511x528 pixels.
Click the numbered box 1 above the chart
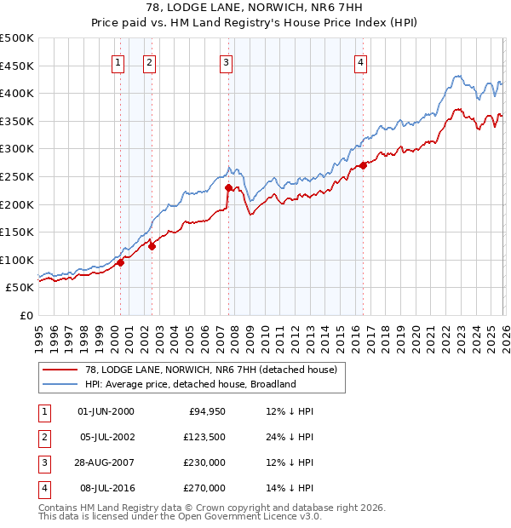coord(117,61)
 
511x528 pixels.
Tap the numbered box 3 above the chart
coord(226,61)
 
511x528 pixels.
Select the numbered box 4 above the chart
coord(361,61)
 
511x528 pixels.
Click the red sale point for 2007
coord(228,187)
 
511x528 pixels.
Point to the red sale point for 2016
coord(363,165)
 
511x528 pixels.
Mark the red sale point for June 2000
coord(120,262)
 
